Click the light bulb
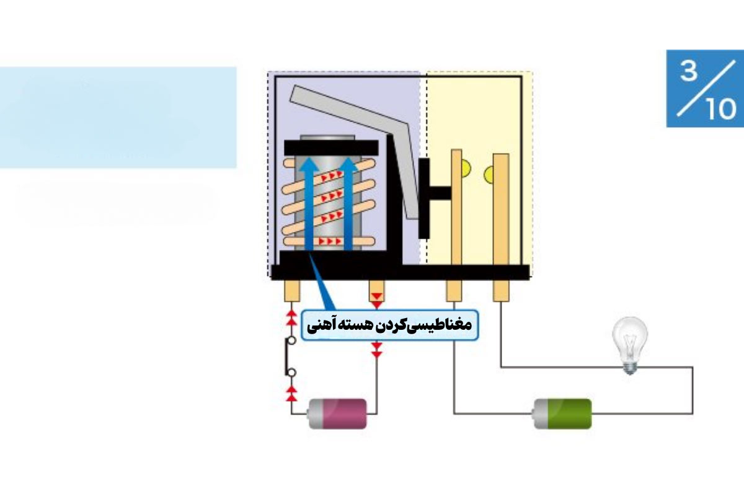pos(630,345)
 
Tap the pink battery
pos(337,414)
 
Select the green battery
pos(562,414)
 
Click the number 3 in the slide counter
pos(688,71)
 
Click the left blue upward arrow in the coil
pos(309,203)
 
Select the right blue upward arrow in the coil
pos(348,203)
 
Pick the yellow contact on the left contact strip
pos(466,168)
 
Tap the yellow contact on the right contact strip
pos(489,175)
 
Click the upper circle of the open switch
pos(291,340)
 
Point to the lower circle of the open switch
pos(291,373)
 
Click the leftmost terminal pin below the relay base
pos(292,291)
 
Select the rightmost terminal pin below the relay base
pos(501,291)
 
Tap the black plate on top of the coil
pos(331,148)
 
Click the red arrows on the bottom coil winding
pos(330,241)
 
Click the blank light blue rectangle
pos(118,117)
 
